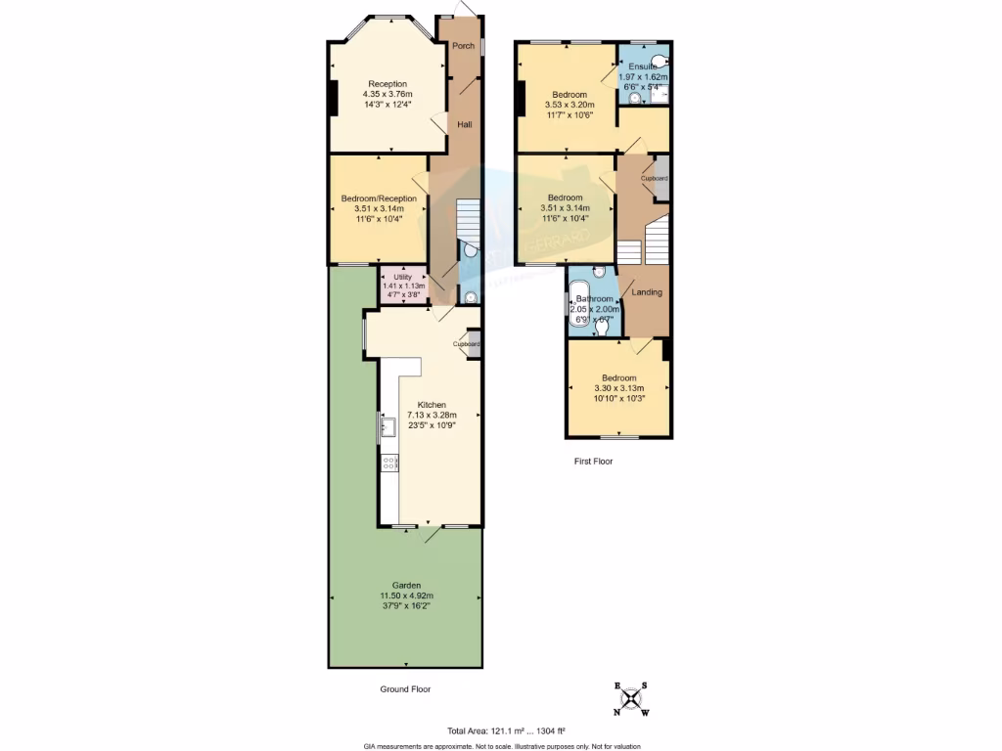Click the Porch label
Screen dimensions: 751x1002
pyautogui.click(x=464, y=46)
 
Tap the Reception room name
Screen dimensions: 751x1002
pyautogui.click(x=387, y=83)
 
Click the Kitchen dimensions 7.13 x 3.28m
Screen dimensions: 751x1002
pyautogui.click(x=432, y=415)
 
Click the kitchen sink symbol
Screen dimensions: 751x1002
pyautogui.click(x=387, y=425)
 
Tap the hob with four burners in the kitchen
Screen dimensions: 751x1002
pyautogui.click(x=388, y=464)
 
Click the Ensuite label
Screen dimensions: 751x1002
pyautogui.click(x=644, y=66)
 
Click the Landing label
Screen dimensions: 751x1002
pyautogui.click(x=647, y=292)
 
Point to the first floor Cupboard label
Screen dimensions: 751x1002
pyautogui.click(x=655, y=179)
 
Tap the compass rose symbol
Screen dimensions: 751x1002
pyautogui.click(x=630, y=698)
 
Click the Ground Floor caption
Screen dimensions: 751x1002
pyautogui.click(x=405, y=689)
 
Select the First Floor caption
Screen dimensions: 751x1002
pyautogui.click(x=593, y=461)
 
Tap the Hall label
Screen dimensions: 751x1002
pyautogui.click(x=465, y=124)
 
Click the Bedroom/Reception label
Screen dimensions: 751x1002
pyautogui.click(x=379, y=199)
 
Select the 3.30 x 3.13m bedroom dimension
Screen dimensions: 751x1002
pyautogui.click(x=618, y=388)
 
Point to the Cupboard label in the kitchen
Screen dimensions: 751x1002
pyautogui.click(x=466, y=344)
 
